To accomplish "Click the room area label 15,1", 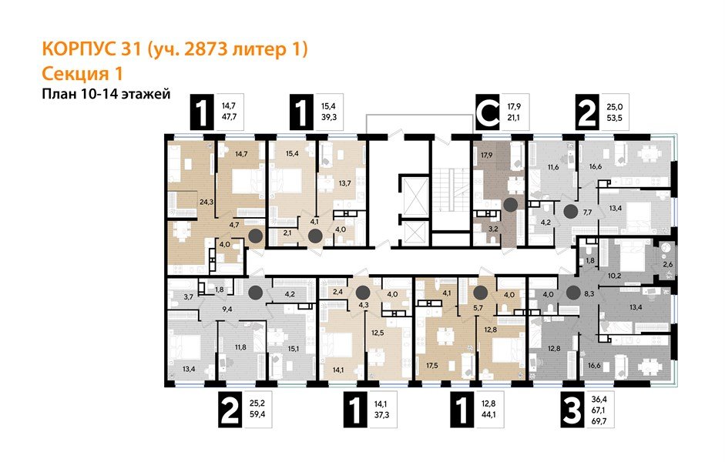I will pos(294,348).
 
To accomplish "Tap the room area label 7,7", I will pos(589,211).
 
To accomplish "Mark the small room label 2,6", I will pos(667,265).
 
